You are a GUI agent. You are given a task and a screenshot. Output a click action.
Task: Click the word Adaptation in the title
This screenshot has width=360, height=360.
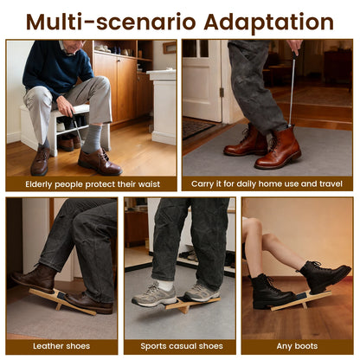point(268,22)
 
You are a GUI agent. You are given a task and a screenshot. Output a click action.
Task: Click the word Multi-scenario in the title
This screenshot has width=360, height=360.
point(111,22)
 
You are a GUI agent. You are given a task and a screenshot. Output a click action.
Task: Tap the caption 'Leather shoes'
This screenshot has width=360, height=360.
point(61,346)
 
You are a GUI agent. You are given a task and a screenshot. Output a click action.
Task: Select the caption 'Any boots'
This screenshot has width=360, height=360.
point(297,346)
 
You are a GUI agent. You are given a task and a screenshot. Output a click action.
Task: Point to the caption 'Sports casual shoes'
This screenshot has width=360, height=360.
point(182,346)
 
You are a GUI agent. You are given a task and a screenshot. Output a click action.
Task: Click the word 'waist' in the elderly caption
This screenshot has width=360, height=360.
point(149,184)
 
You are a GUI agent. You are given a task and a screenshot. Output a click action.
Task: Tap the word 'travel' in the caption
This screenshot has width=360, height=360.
point(331,183)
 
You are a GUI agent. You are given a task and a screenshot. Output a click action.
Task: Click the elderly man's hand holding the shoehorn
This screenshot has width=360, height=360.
point(65,106)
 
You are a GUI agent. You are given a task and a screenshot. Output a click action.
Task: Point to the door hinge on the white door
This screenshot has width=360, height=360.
point(222,93)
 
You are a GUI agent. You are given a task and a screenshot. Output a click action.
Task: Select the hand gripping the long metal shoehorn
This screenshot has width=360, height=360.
point(295,46)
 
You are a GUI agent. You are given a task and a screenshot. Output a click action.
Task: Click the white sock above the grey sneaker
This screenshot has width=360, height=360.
point(166,286)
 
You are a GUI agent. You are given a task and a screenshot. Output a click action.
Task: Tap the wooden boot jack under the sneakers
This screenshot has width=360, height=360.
point(191,304)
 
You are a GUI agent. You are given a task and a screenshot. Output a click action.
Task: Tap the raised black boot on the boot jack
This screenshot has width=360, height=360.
point(325,277)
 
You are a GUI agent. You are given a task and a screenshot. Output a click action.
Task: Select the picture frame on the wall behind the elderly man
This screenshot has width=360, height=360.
point(170,48)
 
